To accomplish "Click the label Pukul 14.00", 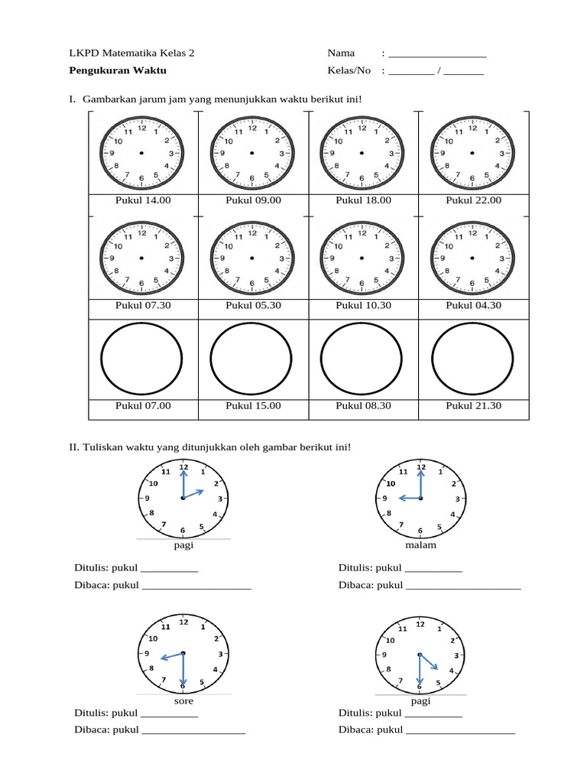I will (x=142, y=200).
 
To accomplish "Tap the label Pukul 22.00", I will (x=473, y=200).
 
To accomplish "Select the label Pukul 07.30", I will (x=142, y=305).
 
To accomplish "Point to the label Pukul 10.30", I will (x=363, y=305).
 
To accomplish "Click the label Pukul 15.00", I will (x=253, y=406).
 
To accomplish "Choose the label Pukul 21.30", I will (x=473, y=406).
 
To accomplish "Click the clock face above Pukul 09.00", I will (x=252, y=153).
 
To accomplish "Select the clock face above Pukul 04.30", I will (x=472, y=258).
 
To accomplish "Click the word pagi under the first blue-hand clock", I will (x=183, y=546).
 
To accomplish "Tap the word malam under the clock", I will (x=420, y=546).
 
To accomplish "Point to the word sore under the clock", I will (x=183, y=700).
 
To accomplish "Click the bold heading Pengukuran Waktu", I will (x=117, y=70).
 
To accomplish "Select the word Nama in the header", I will (x=341, y=53).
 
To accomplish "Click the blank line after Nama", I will (x=437, y=56).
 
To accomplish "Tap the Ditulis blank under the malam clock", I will (x=433, y=570).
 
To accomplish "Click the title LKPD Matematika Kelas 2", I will (x=131, y=53).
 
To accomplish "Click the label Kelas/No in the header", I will (x=349, y=70).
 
